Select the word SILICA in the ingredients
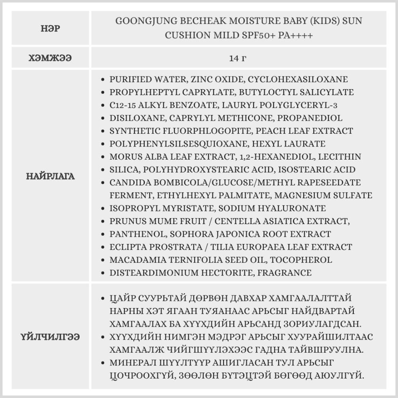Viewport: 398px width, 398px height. [124, 170]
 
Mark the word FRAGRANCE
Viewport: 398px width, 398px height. [284, 273]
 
